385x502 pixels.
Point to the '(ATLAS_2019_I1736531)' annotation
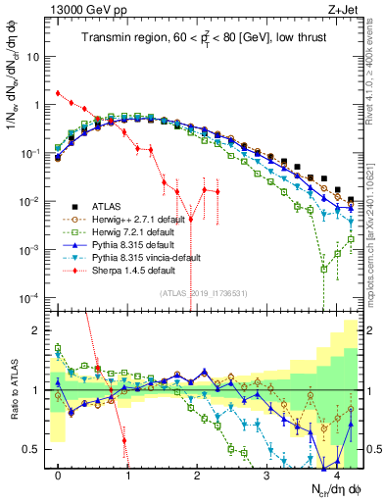coord(211,292)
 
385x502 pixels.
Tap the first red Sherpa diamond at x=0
coord(58,93)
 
